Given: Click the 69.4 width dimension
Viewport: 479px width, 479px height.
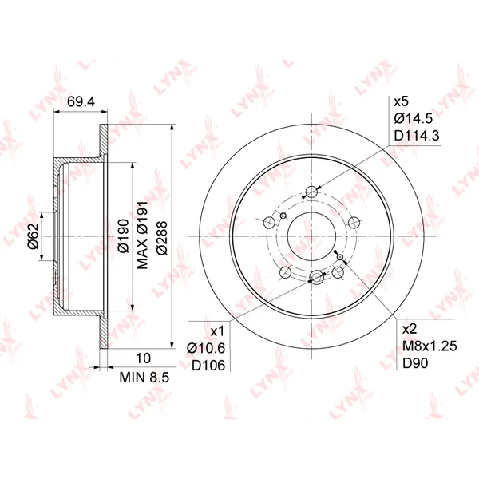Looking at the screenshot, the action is (81, 101).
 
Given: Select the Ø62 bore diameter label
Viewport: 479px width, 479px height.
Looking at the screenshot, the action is (34, 236).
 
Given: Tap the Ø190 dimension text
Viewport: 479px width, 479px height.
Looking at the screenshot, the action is (124, 236).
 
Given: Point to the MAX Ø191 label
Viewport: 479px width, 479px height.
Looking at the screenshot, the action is (142, 235).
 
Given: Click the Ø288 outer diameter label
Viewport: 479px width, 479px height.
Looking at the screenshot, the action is (162, 238).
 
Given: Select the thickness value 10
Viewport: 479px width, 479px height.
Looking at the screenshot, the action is (143, 358).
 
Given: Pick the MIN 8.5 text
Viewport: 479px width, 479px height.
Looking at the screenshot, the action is (144, 378).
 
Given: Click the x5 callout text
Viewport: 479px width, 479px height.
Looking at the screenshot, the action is (401, 101).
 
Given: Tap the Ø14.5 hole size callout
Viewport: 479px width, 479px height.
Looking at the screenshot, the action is (414, 118).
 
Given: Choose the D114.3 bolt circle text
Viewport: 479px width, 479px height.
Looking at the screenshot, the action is (417, 136).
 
